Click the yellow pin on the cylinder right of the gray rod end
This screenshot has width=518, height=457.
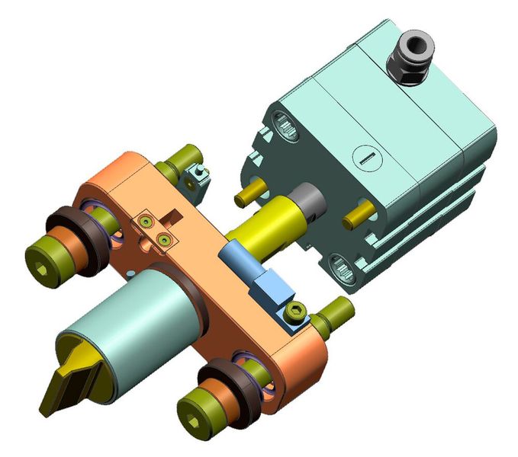coord(358,217)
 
